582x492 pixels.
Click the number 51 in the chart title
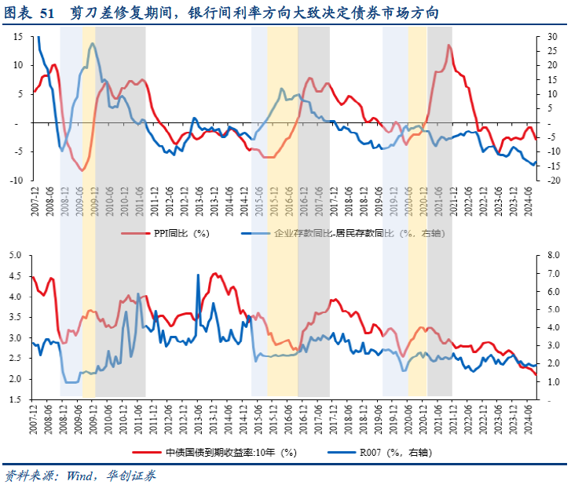49,13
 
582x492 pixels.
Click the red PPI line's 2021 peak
449,46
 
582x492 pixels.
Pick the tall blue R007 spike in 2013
197,275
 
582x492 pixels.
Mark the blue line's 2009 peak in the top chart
93,44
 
